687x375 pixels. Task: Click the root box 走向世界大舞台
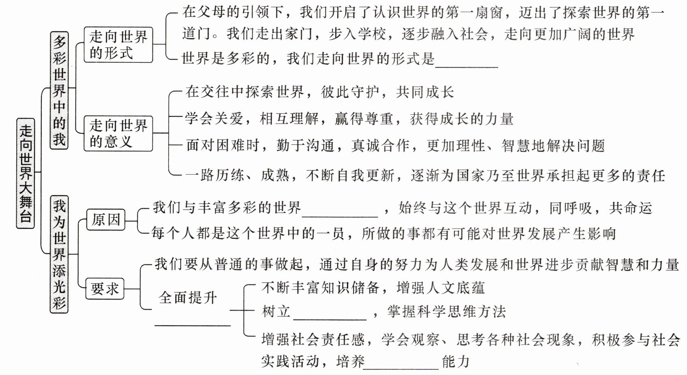[26, 173]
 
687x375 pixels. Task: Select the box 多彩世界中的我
[59, 90]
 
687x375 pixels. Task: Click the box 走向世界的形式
[118, 45]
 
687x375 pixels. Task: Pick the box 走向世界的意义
[118, 133]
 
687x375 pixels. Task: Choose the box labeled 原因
[106, 220]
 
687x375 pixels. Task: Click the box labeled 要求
[105, 289]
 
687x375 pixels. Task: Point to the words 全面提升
[188, 298]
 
